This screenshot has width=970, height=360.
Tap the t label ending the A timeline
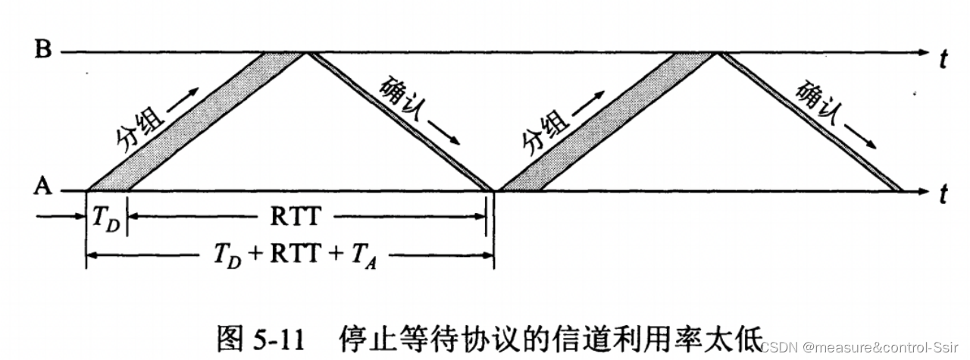click(943, 196)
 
